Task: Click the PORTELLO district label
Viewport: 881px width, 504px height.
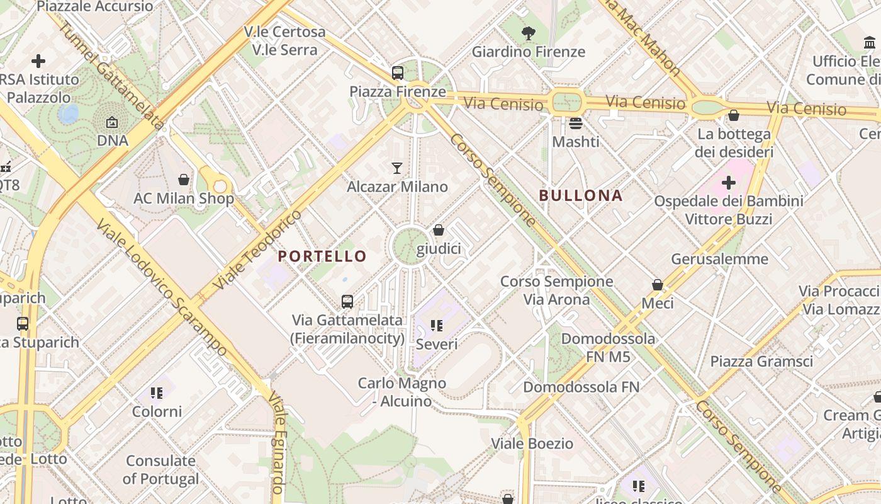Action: pyautogui.click(x=322, y=256)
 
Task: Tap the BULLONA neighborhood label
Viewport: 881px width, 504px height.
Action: pyautogui.click(x=581, y=195)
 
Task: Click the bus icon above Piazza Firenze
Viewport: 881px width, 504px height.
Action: pyautogui.click(x=398, y=73)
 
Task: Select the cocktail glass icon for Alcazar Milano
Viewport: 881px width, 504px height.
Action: pyautogui.click(x=397, y=168)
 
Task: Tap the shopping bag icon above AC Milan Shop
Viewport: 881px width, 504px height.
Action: pyautogui.click(x=184, y=180)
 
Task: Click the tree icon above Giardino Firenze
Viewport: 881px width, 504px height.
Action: pyautogui.click(x=529, y=33)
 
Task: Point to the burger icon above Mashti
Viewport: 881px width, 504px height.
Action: pyautogui.click(x=576, y=123)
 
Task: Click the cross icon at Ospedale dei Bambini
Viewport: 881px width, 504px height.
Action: pyautogui.click(x=729, y=183)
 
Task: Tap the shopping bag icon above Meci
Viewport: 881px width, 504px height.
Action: pyautogui.click(x=658, y=285)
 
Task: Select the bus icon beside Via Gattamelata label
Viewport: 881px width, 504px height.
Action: pyautogui.click(x=347, y=302)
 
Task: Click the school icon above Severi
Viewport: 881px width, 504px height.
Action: pyautogui.click(x=437, y=326)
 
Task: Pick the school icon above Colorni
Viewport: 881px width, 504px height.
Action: pyautogui.click(x=157, y=394)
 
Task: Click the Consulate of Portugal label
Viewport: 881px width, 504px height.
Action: pyautogui.click(x=160, y=469)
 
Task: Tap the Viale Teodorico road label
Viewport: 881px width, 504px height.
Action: pyautogui.click(x=258, y=250)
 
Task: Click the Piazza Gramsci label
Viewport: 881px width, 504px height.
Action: pyautogui.click(x=761, y=362)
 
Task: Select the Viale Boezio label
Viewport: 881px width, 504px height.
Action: pyautogui.click(x=532, y=444)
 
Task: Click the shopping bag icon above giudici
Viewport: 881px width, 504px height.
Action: pyautogui.click(x=439, y=231)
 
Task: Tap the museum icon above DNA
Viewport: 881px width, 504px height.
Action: pyautogui.click(x=112, y=122)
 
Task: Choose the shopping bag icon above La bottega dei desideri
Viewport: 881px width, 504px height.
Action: pyautogui.click(x=734, y=116)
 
